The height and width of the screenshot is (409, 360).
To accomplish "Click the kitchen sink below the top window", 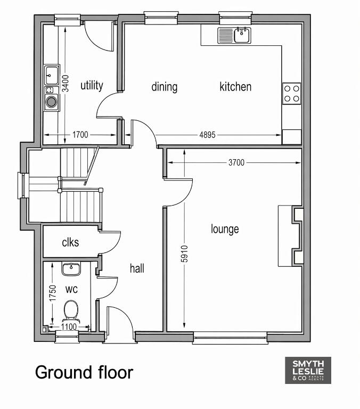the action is pyautogui.click(x=234, y=36).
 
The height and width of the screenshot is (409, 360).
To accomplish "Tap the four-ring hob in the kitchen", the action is pyautogui.click(x=292, y=93).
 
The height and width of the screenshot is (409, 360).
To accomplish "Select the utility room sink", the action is pyautogui.click(x=52, y=75).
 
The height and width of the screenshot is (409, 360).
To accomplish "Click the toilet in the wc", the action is pyautogui.click(x=71, y=310).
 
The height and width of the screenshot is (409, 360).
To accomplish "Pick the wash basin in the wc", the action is pyautogui.click(x=71, y=269).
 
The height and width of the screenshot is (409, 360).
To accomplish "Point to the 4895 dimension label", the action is pyautogui.click(x=207, y=135).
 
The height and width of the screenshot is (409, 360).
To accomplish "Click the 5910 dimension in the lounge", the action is pyautogui.click(x=184, y=253).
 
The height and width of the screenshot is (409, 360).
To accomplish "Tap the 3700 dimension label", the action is pyautogui.click(x=236, y=162).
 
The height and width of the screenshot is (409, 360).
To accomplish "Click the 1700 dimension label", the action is pyautogui.click(x=80, y=135).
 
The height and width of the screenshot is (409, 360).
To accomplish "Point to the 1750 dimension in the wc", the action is pyautogui.click(x=53, y=293).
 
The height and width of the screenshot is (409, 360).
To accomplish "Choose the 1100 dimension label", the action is pyautogui.click(x=69, y=326).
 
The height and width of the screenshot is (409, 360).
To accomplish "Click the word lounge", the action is pyautogui.click(x=225, y=229).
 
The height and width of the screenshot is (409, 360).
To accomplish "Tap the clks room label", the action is pyautogui.click(x=70, y=242).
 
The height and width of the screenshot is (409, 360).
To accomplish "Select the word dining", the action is pyautogui.click(x=165, y=87).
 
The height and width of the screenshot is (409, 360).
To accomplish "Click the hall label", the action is pyautogui.click(x=137, y=268).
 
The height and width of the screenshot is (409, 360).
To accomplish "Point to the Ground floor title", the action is pyautogui.click(x=84, y=372).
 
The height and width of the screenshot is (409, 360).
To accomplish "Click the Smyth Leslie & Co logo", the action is pyautogui.click(x=308, y=370).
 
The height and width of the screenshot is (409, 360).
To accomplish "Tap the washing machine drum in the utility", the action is pyautogui.click(x=52, y=102).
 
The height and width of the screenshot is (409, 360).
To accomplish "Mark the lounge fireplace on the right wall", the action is pyautogui.click(x=291, y=236).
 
